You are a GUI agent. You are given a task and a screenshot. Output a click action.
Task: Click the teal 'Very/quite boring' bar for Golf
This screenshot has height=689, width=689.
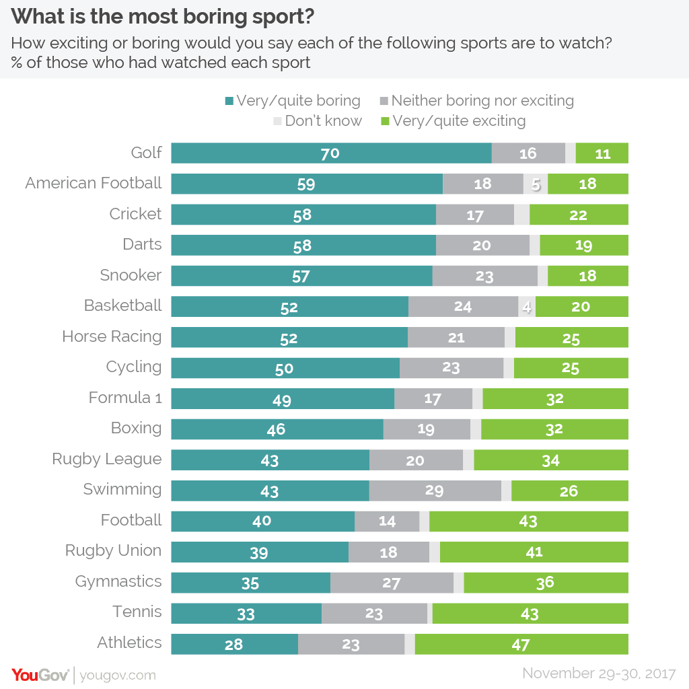pos(331,153)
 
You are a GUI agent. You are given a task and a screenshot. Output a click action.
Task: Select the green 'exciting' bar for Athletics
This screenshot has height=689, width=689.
pos(521,644)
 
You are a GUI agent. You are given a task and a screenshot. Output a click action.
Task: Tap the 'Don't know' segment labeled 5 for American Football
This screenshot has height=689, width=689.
pos(536,184)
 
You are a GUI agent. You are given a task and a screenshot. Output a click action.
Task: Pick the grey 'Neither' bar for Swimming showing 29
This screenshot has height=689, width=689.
pos(435,491)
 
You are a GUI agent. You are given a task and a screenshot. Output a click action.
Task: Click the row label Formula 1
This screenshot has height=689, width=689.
pos(125,398)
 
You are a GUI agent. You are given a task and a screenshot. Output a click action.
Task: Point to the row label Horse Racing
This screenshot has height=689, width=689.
pos(112,336)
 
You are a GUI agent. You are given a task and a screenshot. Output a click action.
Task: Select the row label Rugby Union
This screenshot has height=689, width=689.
pos(113,550)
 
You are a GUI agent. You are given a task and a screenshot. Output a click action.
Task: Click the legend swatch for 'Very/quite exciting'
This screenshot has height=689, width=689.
pos(386,122)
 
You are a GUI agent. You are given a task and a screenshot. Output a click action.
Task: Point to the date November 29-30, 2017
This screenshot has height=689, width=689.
pos(600,673)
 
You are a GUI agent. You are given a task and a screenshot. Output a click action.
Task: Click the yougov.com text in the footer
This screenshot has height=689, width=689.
pos(118,675)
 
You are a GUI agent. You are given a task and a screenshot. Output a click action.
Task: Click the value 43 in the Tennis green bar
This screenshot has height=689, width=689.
pos(530,614)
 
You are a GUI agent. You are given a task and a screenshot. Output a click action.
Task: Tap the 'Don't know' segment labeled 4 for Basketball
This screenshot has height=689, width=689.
pos(527,307)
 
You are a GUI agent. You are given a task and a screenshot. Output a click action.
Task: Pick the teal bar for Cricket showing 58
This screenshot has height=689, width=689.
pos(303,215)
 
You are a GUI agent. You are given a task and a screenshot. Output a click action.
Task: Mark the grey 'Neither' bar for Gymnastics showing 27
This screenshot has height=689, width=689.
pos(392,583)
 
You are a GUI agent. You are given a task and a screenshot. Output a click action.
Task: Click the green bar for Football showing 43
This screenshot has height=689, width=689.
pos(528,521)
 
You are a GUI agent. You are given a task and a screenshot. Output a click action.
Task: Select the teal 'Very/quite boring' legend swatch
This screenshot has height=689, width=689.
pos(229,102)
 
